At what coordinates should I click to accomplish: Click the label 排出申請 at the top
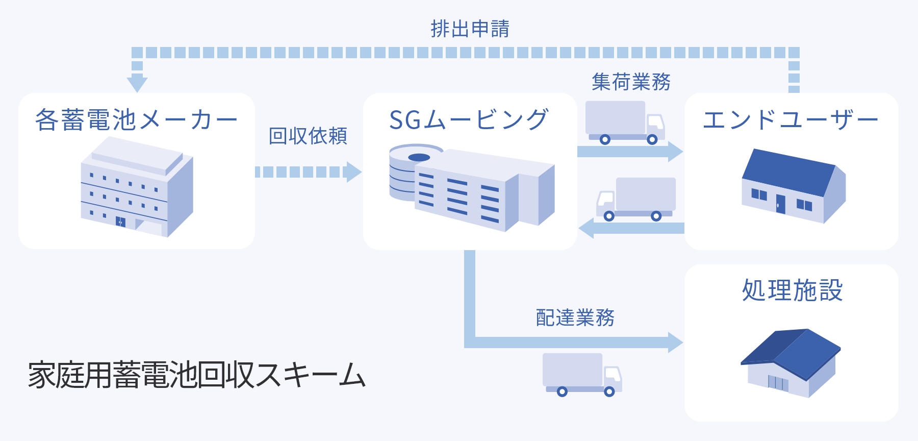470,29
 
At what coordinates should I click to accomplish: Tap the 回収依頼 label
308,136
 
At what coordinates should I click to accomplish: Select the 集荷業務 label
631,82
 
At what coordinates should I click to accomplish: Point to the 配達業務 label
575,317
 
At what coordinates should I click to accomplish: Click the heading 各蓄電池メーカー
136,120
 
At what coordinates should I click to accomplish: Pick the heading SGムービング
468,120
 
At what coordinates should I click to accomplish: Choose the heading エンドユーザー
790,120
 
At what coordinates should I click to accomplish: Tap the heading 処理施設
792,290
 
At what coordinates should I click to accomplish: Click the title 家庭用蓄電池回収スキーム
196,375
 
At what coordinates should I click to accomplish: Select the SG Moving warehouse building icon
471,187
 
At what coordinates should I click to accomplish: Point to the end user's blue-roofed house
793,186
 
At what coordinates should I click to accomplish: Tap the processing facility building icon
790,362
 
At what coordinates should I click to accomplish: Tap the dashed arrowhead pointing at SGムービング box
353,172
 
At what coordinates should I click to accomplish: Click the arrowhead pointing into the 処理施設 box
675,342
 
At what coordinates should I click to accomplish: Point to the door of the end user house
780,204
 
